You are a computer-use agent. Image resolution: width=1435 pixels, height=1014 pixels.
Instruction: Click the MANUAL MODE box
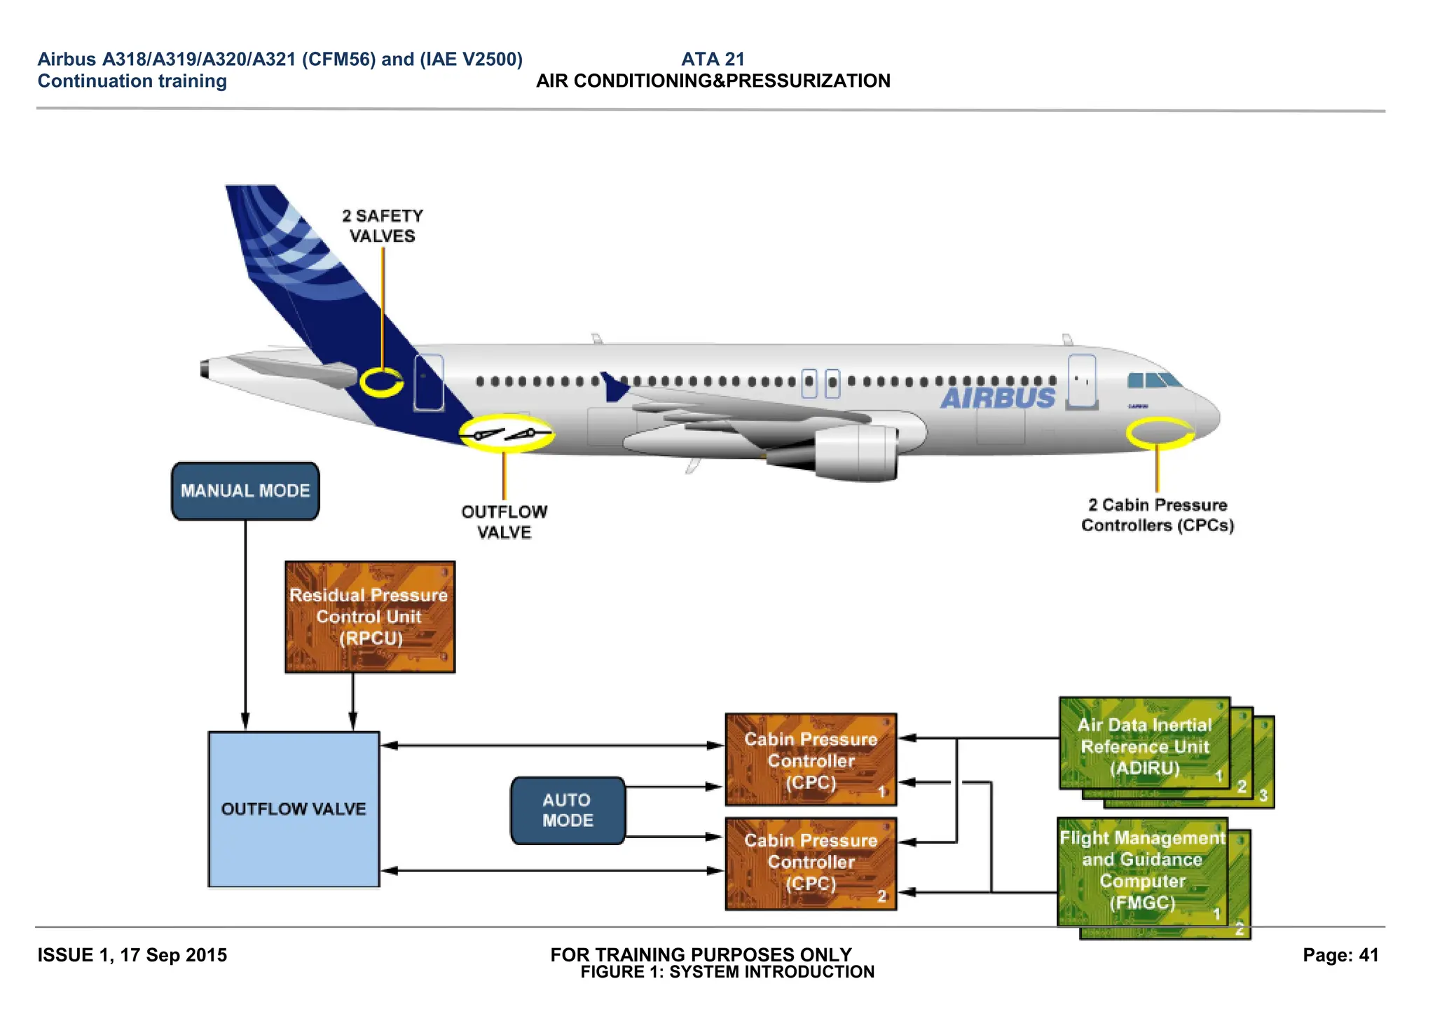(245, 491)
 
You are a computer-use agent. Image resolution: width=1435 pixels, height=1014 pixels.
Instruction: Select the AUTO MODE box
(568, 810)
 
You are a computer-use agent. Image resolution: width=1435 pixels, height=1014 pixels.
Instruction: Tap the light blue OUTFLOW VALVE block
(294, 809)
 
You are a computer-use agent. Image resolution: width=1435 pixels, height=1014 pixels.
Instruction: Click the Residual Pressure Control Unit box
(370, 617)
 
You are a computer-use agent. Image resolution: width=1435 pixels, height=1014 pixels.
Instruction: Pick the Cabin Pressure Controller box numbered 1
(811, 760)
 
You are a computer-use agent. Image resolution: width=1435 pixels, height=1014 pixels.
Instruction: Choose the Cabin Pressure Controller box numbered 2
(811, 863)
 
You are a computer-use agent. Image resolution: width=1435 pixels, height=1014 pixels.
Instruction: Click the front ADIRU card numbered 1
(1144, 743)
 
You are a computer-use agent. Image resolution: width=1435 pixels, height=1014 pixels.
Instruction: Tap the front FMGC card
(1142, 871)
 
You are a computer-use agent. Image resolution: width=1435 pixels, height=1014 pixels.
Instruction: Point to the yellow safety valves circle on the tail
(381, 382)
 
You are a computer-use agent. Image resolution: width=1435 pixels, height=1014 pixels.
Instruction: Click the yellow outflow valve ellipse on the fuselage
(506, 434)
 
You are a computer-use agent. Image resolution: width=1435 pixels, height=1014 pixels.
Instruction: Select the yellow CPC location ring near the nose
(1160, 432)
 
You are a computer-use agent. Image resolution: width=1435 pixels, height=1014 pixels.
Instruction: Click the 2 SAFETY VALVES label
(383, 226)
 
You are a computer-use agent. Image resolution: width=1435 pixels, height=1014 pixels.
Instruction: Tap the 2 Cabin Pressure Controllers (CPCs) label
(1157, 515)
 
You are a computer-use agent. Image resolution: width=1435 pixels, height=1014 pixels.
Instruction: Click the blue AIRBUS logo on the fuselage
(998, 398)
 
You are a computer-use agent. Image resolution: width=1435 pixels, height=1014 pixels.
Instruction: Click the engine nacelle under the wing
(855, 452)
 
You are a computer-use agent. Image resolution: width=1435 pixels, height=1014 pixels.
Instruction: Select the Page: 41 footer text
(1340, 955)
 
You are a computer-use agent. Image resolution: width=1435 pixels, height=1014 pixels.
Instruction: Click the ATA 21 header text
(712, 60)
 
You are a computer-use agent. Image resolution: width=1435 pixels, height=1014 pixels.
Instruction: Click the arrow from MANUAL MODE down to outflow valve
(245, 624)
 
